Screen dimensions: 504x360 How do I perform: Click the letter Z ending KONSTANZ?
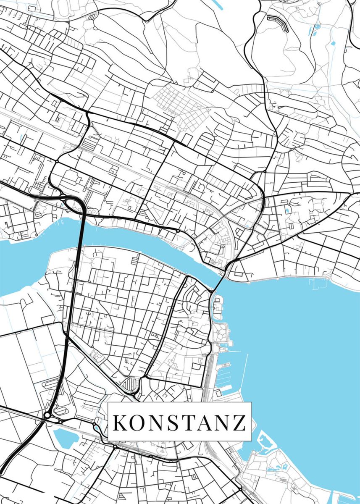[239, 423]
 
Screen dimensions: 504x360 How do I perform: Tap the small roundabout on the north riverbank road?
[178, 231]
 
